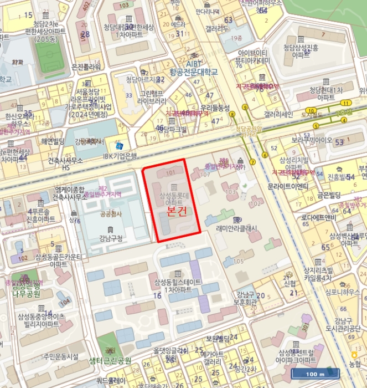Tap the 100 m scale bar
tap(314, 374)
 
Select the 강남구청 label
tap(110, 239)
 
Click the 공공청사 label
tap(110, 213)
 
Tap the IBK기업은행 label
tap(120, 156)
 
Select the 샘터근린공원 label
tap(110, 360)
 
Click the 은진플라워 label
tap(86, 67)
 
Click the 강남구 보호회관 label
tap(245, 298)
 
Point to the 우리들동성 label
tap(215, 107)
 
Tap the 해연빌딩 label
tap(53, 141)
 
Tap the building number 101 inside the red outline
tap(170, 172)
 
